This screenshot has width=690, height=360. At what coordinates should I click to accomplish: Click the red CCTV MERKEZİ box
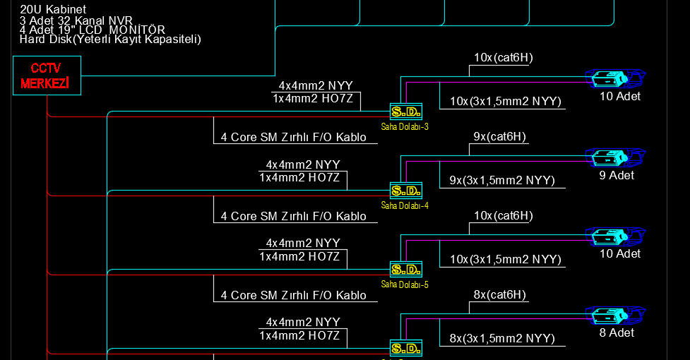(47, 76)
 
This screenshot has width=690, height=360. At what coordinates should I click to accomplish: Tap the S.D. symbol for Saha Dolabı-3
(405, 112)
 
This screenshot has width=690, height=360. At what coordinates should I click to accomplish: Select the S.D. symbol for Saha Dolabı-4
(405, 191)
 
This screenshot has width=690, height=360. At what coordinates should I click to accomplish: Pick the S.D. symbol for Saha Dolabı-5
(405, 270)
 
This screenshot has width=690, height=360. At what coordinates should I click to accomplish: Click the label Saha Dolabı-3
(405, 126)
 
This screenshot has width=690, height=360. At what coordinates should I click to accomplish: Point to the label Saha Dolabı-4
(405, 205)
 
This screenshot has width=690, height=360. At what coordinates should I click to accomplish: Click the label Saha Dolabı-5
(405, 284)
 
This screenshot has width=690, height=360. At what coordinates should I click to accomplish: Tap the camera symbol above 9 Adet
(615, 158)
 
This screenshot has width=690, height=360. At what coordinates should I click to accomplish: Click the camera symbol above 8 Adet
(615, 316)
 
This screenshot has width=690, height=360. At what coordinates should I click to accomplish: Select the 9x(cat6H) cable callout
(500, 137)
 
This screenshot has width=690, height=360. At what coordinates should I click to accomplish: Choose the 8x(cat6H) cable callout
(500, 294)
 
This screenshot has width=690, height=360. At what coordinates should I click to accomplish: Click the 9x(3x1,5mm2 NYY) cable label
(502, 180)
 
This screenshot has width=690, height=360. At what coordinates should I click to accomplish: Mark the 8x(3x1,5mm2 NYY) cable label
(502, 338)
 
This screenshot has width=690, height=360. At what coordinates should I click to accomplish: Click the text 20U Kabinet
(53, 9)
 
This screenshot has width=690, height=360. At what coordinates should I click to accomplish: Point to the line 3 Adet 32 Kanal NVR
(76, 20)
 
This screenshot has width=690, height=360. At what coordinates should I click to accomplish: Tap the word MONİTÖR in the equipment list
(137, 30)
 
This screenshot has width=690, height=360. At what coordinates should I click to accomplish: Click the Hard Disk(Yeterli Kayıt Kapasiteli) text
(110, 39)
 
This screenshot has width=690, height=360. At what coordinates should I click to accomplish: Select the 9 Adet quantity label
(617, 175)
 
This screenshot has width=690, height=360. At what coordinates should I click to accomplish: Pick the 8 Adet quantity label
(617, 332)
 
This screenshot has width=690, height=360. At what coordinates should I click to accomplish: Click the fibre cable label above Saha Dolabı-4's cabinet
(294, 137)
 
